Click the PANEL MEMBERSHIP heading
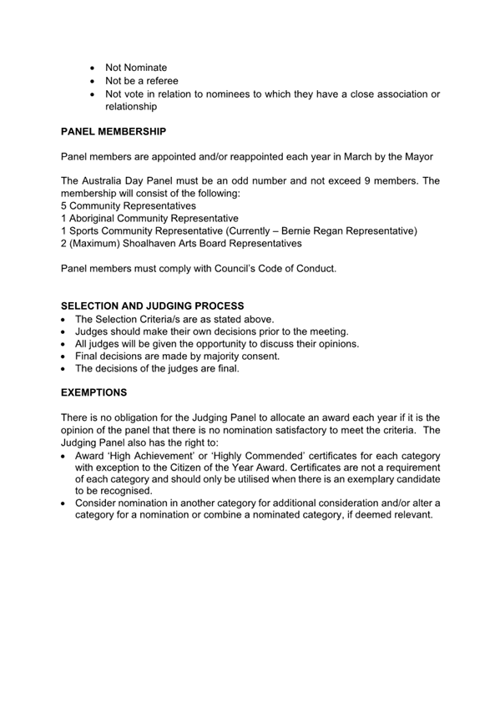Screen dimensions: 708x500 pyautogui.click(x=114, y=132)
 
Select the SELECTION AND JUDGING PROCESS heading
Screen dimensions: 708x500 pyautogui.click(x=153, y=306)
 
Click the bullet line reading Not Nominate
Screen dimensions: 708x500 pyautogui.click(x=136, y=68)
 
